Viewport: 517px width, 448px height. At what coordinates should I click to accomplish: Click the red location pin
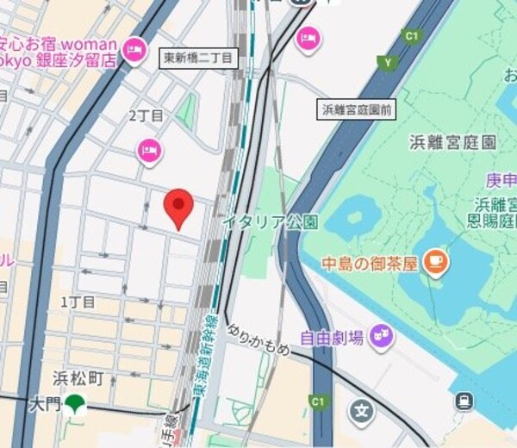point(178,208)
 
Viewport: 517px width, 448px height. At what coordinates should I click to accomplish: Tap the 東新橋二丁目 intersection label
point(197,58)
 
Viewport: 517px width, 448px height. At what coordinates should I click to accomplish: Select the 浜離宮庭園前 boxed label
point(357,109)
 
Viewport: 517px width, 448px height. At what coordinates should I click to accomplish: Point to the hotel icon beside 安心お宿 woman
point(134,51)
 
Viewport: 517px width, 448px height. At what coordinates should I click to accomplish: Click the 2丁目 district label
point(146,115)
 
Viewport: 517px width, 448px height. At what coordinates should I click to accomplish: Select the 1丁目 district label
point(78,302)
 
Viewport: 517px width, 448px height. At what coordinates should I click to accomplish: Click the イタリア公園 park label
point(270,222)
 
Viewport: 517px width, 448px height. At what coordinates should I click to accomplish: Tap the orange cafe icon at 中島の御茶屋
point(436,260)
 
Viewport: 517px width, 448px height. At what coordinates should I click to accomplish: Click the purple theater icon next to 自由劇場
point(380,336)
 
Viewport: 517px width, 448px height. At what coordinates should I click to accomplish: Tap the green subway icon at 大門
point(78,403)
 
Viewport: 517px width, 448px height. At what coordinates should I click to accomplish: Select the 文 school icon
point(363,411)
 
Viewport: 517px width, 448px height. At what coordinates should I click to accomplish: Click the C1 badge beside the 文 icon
point(319,401)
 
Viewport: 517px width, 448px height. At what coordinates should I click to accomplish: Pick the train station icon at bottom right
point(464,401)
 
